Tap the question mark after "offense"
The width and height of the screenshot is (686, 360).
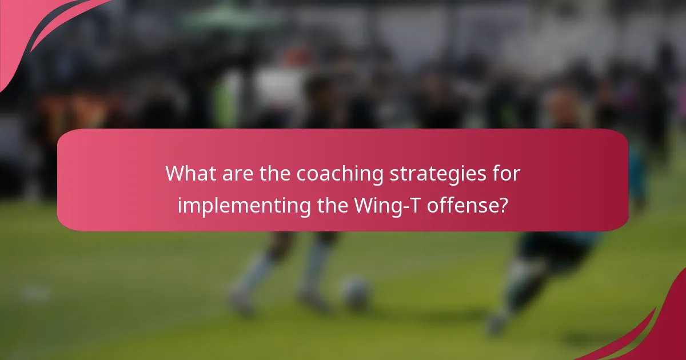click(x=503, y=205)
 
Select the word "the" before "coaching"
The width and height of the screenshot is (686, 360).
click(x=275, y=174)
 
